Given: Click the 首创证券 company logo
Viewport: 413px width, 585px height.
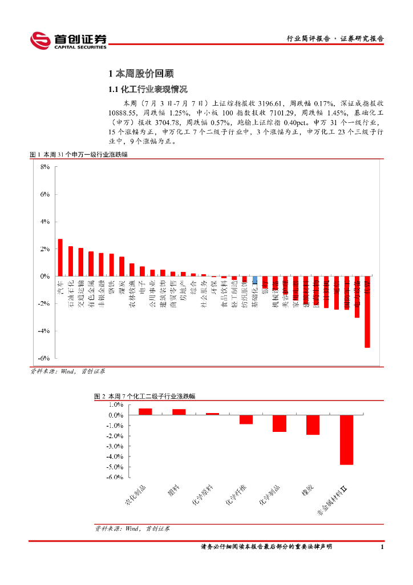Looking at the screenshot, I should click(x=68, y=40).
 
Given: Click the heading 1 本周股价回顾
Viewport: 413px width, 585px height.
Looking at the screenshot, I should click(x=140, y=74).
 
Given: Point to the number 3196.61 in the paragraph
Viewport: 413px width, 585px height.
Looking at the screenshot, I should click(x=270, y=103).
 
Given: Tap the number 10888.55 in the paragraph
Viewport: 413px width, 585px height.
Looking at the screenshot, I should click(x=123, y=113).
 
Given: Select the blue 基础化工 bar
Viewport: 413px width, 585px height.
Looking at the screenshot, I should click(x=254, y=280).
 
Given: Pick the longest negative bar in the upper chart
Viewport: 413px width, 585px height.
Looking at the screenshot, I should click(x=367, y=311).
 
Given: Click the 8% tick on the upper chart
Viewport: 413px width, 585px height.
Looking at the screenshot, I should click(x=45, y=167).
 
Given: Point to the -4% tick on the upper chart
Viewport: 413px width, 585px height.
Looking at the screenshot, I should click(x=44, y=331).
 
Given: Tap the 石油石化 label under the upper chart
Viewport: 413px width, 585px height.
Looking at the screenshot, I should click(x=71, y=294).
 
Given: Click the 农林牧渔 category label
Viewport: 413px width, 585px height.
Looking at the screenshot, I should click(x=132, y=294).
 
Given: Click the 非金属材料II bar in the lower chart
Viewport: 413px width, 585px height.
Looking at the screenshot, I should click(x=346, y=440).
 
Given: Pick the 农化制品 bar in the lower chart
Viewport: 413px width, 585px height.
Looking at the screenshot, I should click(x=145, y=411).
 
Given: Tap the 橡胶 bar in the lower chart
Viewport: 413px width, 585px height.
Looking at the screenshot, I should click(x=313, y=425).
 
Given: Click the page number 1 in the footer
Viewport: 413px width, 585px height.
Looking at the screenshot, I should click(x=382, y=547).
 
